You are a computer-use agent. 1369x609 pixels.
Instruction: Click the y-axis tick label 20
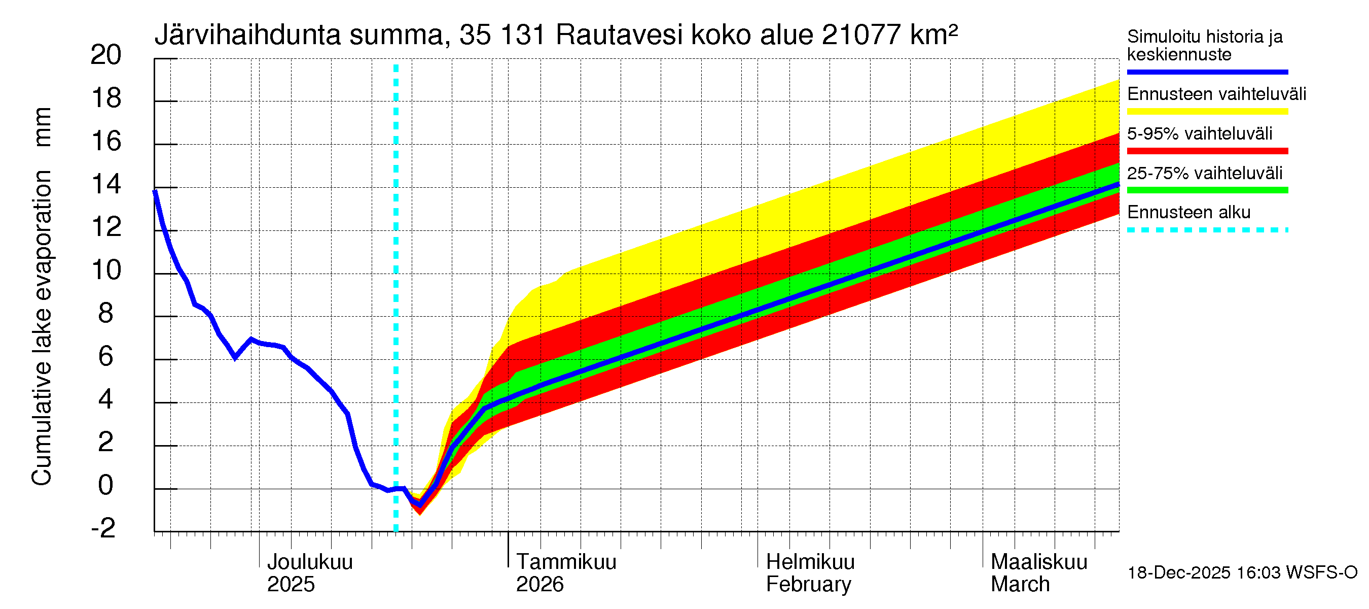click(106, 55)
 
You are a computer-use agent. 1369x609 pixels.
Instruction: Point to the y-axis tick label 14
click(106, 185)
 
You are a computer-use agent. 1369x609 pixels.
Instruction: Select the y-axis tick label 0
click(106, 485)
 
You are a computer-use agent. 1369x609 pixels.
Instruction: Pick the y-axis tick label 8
click(106, 313)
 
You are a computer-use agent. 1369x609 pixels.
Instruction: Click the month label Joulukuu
click(309, 562)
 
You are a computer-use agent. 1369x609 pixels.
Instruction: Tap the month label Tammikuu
click(566, 562)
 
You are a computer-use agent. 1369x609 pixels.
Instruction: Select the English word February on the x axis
click(808, 585)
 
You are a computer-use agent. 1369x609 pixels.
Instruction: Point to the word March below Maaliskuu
click(1020, 585)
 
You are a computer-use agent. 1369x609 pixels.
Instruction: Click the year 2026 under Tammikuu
click(539, 585)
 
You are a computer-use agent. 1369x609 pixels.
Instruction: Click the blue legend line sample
click(1207, 72)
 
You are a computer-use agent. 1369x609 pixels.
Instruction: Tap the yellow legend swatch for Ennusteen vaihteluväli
click(1207, 112)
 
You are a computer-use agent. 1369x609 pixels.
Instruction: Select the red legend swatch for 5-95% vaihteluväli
click(1207, 151)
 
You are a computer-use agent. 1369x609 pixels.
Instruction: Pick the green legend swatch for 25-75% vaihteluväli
click(1207, 190)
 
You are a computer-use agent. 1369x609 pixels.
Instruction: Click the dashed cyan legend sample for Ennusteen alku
click(1207, 230)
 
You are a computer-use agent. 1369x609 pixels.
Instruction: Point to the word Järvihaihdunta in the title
click(247, 35)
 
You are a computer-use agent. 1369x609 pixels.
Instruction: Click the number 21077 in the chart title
click(861, 35)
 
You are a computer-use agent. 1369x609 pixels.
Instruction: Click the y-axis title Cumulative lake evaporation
click(42, 327)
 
